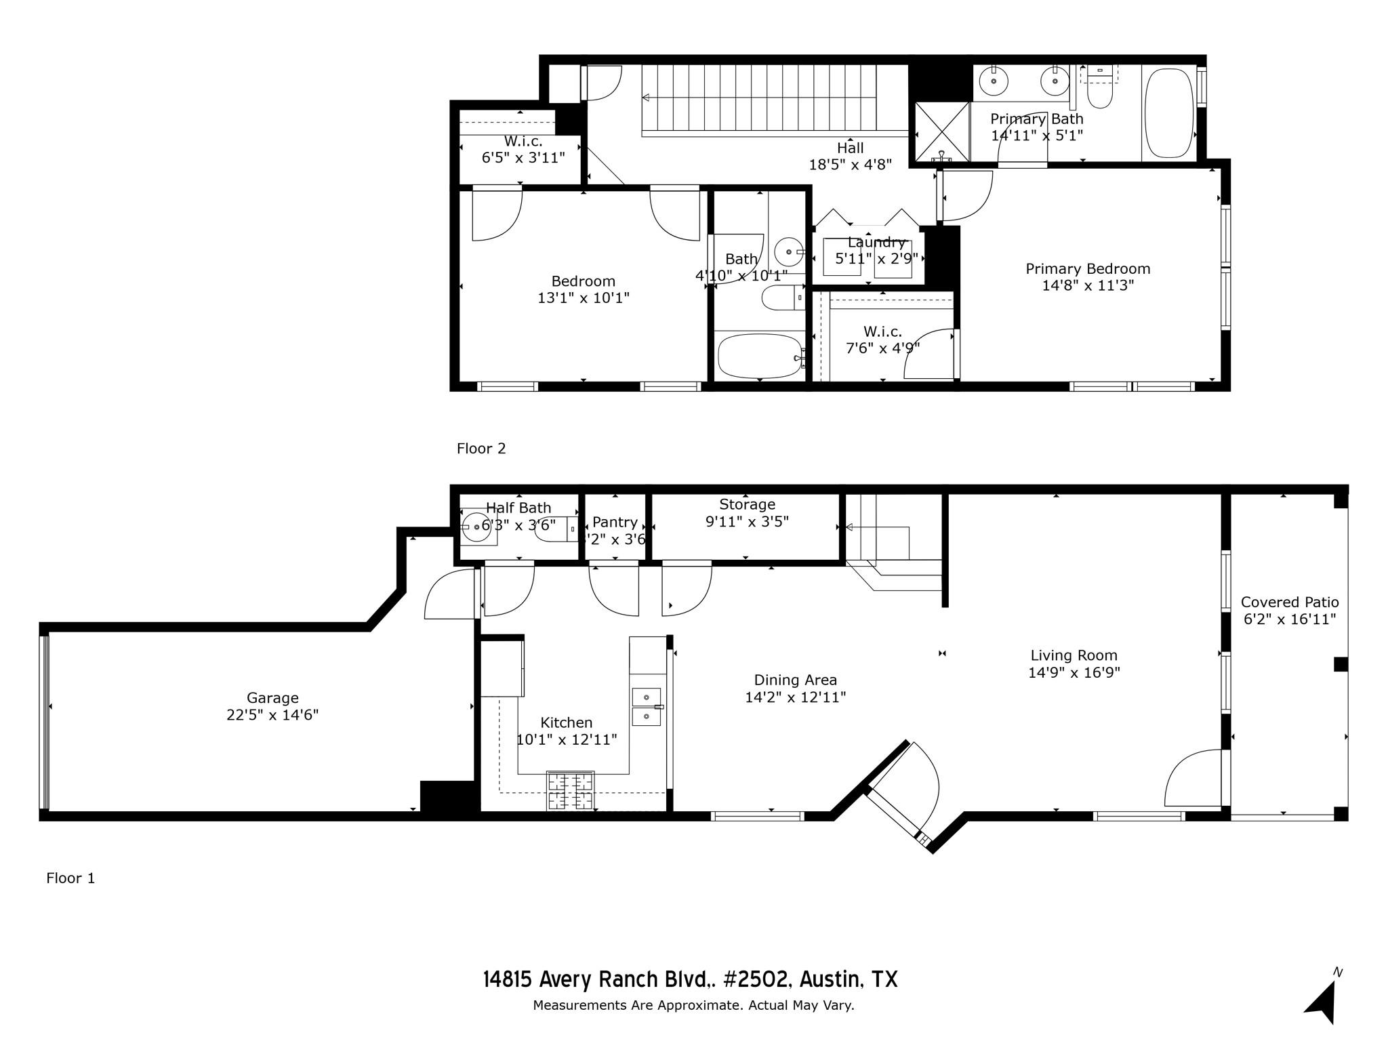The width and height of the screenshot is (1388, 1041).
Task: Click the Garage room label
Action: [x=272, y=697]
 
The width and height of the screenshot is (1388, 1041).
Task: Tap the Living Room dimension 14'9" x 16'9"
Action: [x=1074, y=672]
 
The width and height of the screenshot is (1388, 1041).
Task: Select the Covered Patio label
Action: [x=1289, y=602]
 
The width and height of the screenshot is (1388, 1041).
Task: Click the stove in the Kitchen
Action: [x=570, y=790]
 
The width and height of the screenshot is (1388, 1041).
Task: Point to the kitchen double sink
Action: [x=647, y=706]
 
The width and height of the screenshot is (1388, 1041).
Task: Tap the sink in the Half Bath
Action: [x=476, y=527]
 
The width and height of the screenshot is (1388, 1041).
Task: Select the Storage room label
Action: [x=747, y=504]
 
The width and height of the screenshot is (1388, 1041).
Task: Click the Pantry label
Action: [x=614, y=522]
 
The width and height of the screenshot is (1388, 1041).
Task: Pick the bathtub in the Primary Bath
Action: [x=1168, y=113]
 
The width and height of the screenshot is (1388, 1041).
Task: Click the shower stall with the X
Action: [x=942, y=131]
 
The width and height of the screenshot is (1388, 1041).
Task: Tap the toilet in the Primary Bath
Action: [x=1100, y=91]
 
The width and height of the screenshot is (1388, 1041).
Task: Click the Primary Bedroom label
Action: [x=1087, y=268]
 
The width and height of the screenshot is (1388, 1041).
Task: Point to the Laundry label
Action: [x=876, y=243]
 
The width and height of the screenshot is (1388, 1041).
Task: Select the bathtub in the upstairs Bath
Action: [x=759, y=356]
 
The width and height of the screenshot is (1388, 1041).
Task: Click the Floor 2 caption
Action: [x=481, y=448]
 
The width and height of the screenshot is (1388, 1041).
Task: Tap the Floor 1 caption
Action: [x=70, y=878]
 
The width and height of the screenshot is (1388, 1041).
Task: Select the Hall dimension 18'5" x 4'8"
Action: [x=850, y=164]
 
